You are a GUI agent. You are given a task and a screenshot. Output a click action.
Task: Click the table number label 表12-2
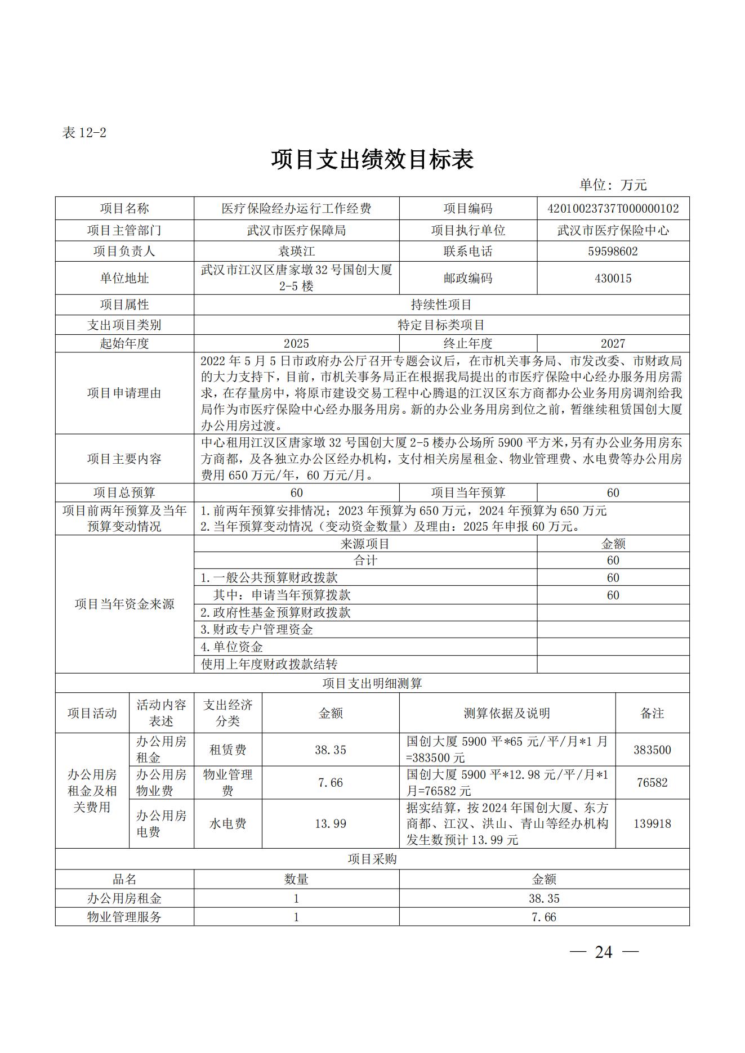coord(84,133)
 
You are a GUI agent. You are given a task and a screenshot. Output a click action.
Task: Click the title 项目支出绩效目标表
coord(372,160)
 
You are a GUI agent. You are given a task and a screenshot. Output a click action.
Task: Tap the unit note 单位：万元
coord(613,185)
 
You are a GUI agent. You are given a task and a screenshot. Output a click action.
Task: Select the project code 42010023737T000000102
coord(613,209)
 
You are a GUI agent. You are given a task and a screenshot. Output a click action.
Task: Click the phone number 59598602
coord(613,251)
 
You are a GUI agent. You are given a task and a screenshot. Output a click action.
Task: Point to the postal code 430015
coord(613,278)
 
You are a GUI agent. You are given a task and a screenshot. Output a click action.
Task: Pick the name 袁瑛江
coord(296,251)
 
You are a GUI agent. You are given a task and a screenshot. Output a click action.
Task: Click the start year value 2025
coord(296,343)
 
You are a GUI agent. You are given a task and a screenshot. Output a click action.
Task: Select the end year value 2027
coord(613,343)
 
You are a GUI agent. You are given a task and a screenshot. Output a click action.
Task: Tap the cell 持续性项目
coord(441,305)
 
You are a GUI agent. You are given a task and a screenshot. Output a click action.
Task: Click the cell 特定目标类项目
coord(441,325)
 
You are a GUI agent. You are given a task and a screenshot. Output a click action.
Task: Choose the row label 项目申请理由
coord(124,393)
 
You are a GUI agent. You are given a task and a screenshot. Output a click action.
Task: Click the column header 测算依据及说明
coord(507,713)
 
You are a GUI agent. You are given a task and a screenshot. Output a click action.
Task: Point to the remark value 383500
coord(652,750)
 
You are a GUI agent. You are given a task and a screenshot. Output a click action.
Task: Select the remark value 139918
coord(652,823)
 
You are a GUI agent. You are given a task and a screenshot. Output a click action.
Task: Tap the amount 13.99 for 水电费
coord(331,823)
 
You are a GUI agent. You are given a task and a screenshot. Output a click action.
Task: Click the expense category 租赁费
coord(227,750)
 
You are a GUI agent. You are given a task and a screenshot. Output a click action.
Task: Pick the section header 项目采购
coord(372,859)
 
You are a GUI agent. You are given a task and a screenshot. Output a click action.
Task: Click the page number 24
coord(603,952)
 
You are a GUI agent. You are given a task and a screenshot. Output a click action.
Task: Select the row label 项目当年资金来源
coord(124,604)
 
